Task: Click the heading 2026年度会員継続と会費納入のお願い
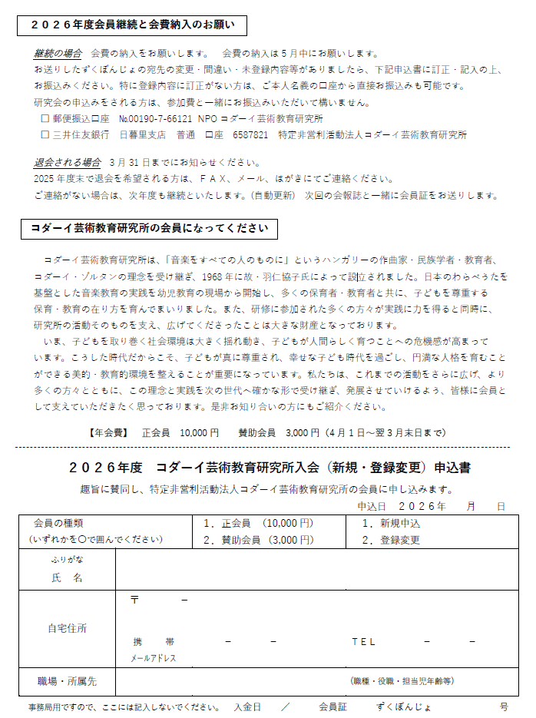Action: (x=133, y=25)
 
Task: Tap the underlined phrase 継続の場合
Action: (x=58, y=54)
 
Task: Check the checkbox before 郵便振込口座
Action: (x=45, y=119)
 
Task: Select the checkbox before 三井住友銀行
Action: (x=45, y=134)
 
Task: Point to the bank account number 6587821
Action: (x=250, y=134)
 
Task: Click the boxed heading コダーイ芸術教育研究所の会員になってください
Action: (x=149, y=228)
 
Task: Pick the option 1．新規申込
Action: (x=390, y=524)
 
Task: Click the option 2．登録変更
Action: (x=390, y=540)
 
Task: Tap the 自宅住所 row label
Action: (x=67, y=627)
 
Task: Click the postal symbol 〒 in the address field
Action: (x=134, y=599)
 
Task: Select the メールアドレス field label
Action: (x=153, y=658)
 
